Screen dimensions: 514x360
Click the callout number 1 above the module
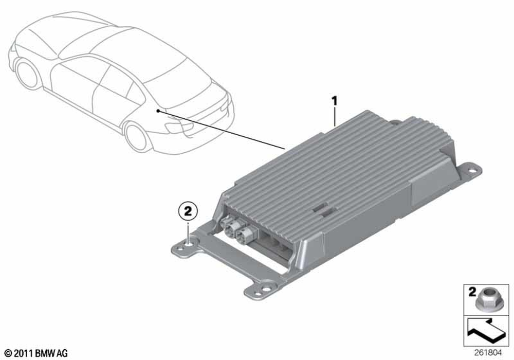[335, 101]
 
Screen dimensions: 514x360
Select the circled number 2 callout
[188, 211]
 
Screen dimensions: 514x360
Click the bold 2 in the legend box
[472, 292]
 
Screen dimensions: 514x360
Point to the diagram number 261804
[487, 353]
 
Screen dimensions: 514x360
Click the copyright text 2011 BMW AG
[36, 353]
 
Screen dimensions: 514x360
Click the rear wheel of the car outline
[136, 137]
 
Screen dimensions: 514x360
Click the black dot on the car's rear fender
[158, 111]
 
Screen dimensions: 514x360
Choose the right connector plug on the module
[243, 233]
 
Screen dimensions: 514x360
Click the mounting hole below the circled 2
[188, 242]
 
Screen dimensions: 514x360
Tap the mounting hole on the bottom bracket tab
[264, 290]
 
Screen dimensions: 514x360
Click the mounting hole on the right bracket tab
[472, 171]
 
